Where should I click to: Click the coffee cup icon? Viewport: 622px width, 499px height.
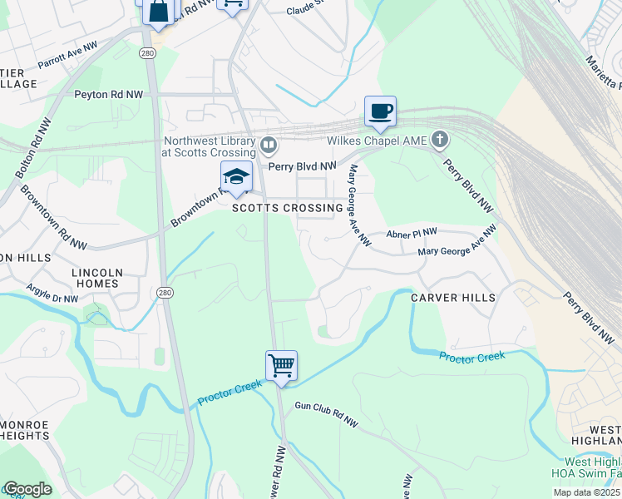click(380, 111)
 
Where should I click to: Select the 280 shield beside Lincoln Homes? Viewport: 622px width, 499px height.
click(165, 292)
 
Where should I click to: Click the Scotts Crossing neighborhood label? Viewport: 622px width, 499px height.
click(287, 208)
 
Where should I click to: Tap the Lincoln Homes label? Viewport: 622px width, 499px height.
click(98, 278)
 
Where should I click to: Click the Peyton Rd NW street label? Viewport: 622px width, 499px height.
click(109, 96)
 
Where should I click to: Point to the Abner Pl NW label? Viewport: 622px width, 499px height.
click(412, 235)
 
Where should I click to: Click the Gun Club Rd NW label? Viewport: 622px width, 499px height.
click(326, 415)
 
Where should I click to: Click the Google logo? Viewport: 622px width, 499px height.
click(27, 489)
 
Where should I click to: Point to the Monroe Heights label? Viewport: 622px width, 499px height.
click(25, 430)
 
